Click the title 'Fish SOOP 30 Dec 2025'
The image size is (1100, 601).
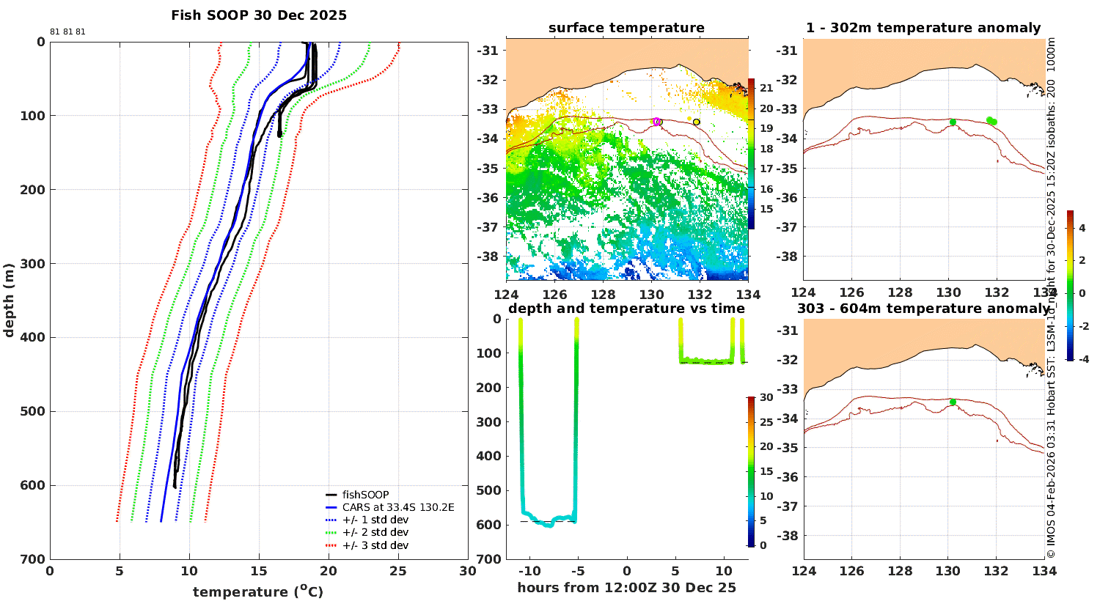259,15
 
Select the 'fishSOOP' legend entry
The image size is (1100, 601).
365,495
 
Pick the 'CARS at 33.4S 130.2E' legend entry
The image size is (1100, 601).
398,507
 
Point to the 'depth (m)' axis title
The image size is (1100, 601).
9,300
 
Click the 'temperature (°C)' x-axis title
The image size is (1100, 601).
258,591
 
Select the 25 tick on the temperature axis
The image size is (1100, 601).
398,571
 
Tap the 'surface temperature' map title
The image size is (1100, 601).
626,27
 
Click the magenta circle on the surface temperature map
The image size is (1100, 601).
656,122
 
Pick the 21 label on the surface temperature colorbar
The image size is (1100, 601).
766,88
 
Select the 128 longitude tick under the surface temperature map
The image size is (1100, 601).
603,295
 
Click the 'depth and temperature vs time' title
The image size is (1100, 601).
626,308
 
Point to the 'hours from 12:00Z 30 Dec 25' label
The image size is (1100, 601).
626,587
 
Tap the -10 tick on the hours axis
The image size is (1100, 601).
529,571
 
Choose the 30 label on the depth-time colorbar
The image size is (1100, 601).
766,397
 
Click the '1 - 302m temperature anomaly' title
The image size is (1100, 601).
923,27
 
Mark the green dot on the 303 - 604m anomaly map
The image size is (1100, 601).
953,402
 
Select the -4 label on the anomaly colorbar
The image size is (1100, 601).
1083,359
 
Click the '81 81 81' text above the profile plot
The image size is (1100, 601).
67,32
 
